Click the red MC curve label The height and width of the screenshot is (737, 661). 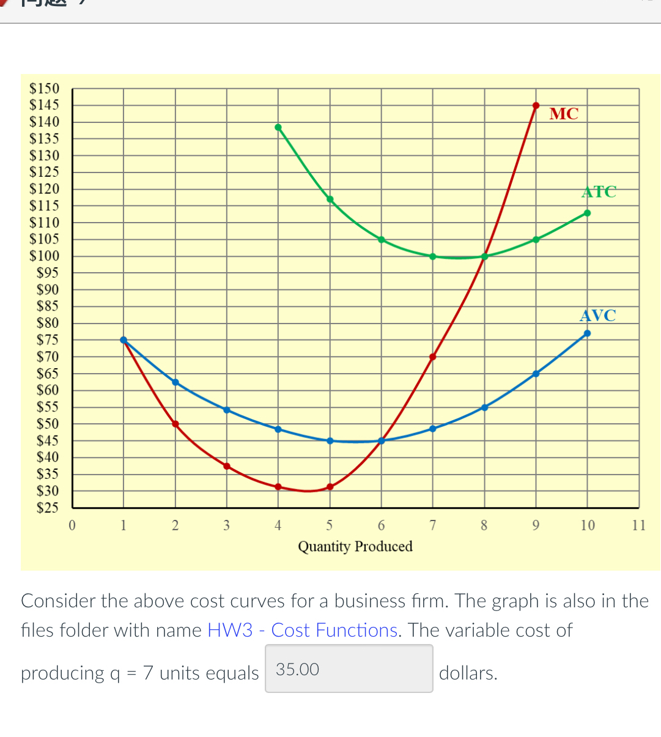click(x=564, y=114)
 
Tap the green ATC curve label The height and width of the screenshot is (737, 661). click(x=599, y=192)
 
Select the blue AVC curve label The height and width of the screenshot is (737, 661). click(x=598, y=316)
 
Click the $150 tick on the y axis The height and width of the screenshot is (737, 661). click(x=45, y=88)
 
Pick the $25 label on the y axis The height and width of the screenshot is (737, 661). click(x=48, y=508)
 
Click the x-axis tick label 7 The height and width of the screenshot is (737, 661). click(x=433, y=525)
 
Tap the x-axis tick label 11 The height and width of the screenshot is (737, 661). click(x=638, y=525)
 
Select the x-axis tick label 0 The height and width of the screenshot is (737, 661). click(x=72, y=525)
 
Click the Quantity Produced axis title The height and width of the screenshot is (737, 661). click(x=355, y=546)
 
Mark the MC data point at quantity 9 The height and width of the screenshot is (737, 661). click(x=536, y=105)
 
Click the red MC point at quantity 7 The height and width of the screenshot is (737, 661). click(x=433, y=357)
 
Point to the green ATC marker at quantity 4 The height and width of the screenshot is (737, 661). click(x=278, y=127)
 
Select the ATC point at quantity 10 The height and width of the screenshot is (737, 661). click(x=588, y=213)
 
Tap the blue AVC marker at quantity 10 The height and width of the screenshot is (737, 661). click(x=588, y=333)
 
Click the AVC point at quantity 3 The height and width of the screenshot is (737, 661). click(x=227, y=410)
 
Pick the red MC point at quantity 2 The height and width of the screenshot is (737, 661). click(x=175, y=424)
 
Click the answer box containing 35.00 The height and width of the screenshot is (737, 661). click(x=349, y=669)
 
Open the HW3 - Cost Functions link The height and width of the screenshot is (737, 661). click(x=303, y=630)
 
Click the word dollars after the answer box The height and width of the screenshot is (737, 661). click(x=468, y=673)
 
